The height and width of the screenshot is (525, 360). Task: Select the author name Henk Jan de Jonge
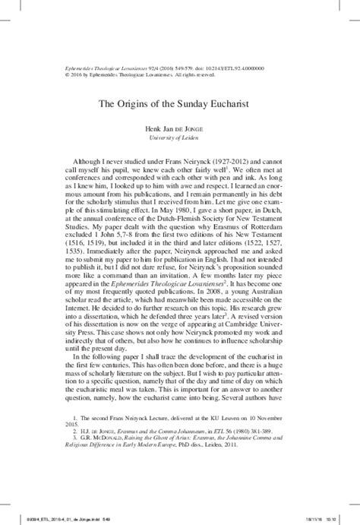point(180,130)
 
